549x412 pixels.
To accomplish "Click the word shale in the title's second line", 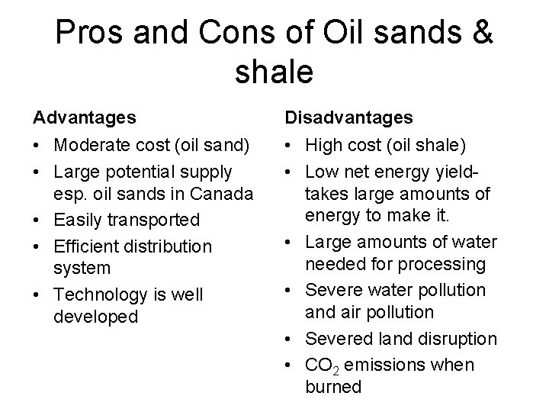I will (274, 72).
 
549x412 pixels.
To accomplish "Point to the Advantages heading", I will (85, 117).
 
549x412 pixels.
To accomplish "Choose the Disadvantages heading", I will (349, 117).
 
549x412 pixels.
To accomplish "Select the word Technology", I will (106, 295).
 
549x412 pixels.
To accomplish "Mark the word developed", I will (96, 317).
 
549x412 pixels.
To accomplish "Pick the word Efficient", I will (82, 246).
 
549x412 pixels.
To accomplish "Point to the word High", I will (324, 144).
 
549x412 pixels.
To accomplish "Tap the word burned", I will (333, 387).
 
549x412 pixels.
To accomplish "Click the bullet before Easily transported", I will (37, 220).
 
